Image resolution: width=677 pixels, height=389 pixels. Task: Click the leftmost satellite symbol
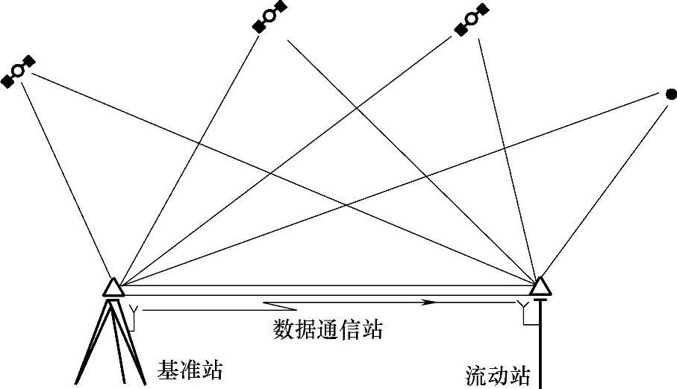pos(19,72)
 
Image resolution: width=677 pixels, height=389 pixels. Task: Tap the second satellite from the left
pos(269,16)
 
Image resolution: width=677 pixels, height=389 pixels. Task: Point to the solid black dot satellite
pos(671,94)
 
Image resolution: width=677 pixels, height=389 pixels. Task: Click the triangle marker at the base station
pos(113,288)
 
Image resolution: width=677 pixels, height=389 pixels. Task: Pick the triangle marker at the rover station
pos(540,286)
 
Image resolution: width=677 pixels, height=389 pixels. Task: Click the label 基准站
pos(190,370)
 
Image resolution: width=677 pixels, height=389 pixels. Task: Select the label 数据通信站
pos(328,329)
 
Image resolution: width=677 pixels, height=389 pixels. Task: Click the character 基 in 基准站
pos(168,370)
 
